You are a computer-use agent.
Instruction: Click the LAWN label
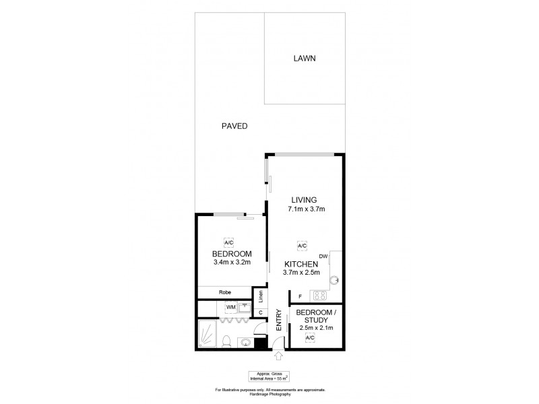click(305, 59)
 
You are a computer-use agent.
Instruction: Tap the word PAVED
click(234, 126)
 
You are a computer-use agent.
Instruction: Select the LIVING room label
click(304, 199)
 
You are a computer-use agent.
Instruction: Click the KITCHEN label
click(300, 264)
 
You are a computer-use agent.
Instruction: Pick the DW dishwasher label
click(323, 256)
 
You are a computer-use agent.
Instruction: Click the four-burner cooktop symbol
click(319, 295)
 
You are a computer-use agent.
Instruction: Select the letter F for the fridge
click(299, 296)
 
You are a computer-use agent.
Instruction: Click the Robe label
click(225, 292)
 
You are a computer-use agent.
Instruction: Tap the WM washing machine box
click(230, 308)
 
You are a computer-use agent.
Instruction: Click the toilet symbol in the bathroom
click(228, 340)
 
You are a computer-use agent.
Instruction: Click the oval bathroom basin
click(245, 343)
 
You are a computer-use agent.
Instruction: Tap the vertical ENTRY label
click(278, 318)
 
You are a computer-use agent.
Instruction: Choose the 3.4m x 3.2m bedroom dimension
click(231, 262)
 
